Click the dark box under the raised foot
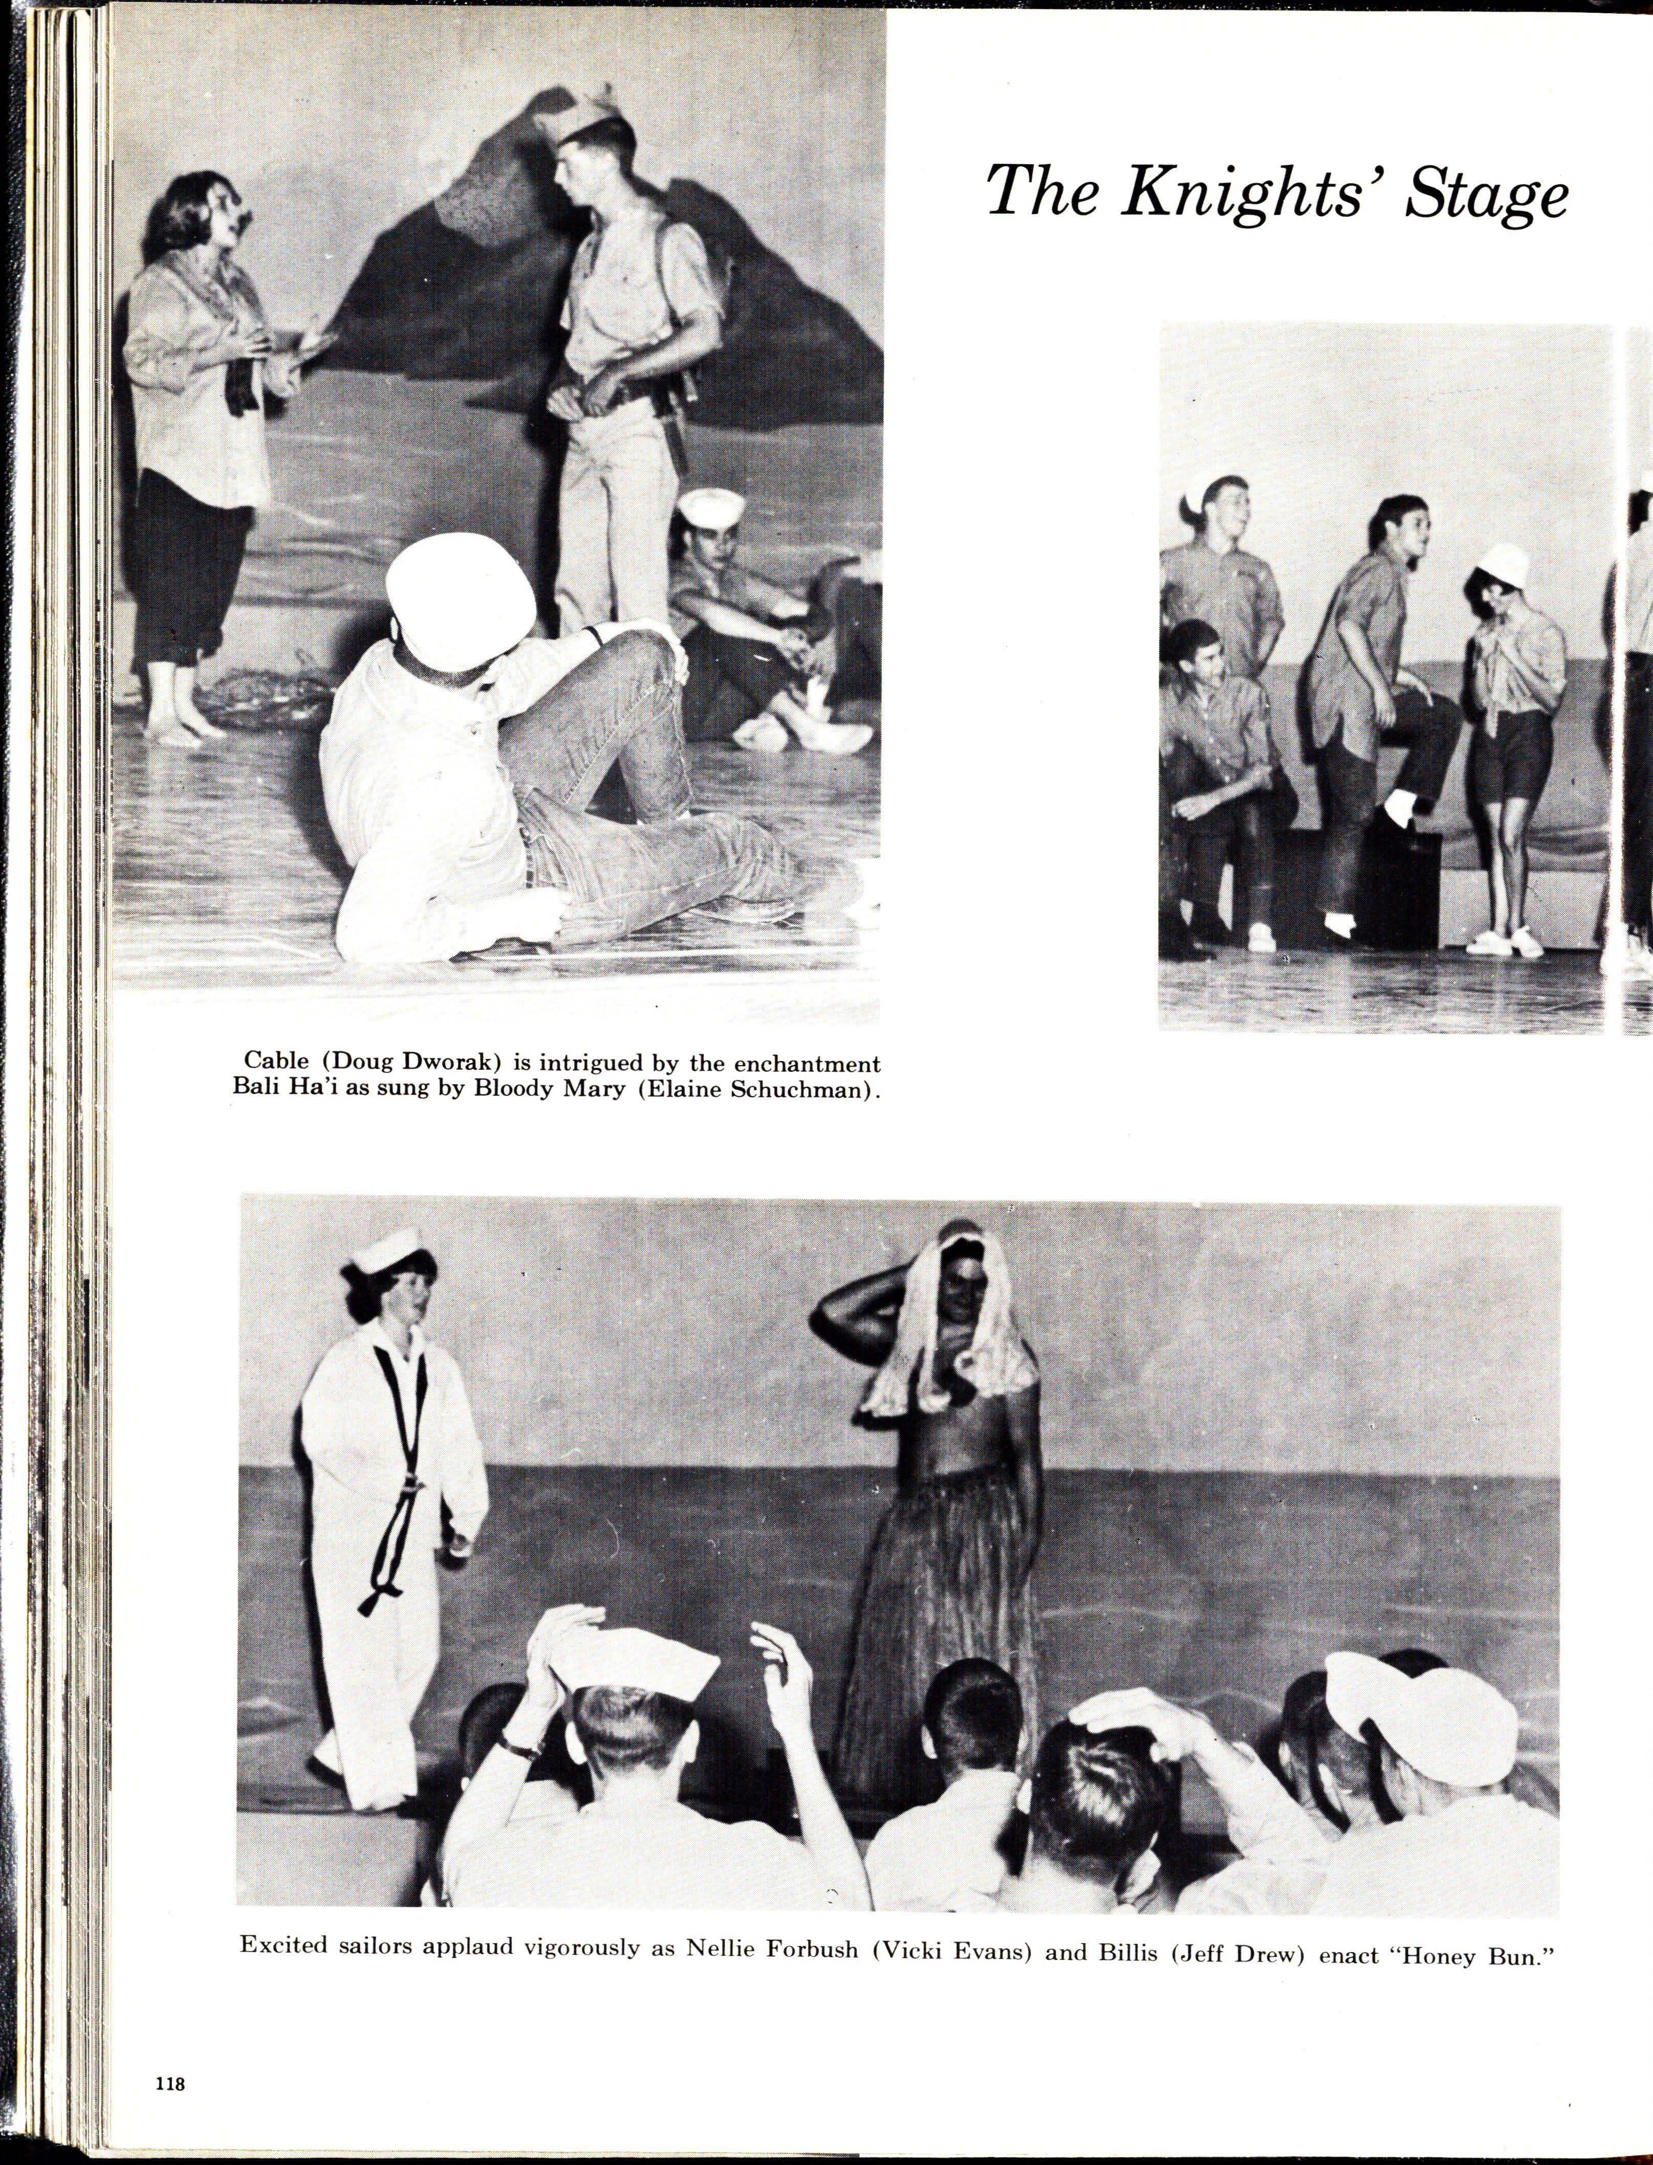[1405, 885]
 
